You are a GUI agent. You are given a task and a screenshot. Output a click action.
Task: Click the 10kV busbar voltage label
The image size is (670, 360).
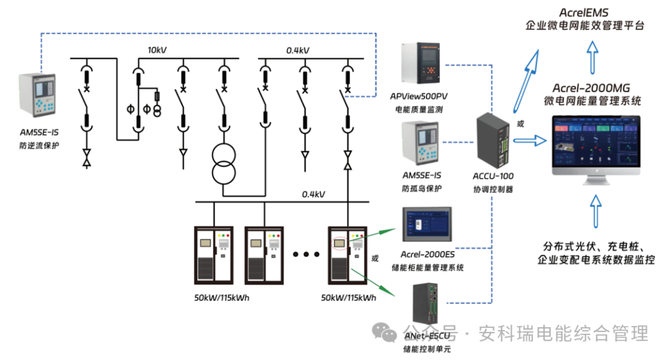pos(157,50)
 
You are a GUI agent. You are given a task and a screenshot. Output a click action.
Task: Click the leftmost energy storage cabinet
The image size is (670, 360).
pos(214,255)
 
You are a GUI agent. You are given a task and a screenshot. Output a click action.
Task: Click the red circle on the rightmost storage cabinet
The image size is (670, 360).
pos(339,244)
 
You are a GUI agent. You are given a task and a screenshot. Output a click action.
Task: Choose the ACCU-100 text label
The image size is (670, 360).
pos(493,176)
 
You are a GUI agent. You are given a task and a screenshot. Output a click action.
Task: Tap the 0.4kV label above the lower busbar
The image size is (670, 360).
pos(313,194)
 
